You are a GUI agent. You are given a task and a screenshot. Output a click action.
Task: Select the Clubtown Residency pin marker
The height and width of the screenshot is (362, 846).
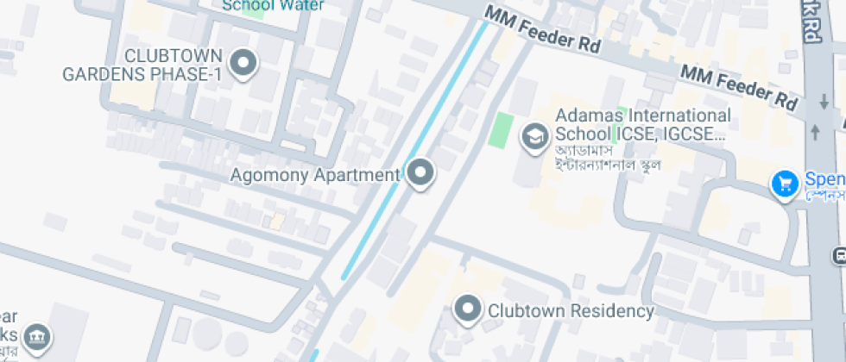pyautogui.click(x=468, y=309)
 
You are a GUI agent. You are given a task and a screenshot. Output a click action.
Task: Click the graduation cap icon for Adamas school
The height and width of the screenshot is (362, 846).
pyautogui.click(x=534, y=135)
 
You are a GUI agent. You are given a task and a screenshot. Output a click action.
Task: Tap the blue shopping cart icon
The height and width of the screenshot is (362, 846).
pyautogui.click(x=785, y=184)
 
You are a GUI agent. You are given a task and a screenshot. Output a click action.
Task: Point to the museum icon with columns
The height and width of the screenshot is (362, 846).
pyautogui.click(x=37, y=335)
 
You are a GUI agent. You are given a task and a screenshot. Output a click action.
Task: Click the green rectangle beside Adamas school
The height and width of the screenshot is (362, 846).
pyautogui.click(x=500, y=129)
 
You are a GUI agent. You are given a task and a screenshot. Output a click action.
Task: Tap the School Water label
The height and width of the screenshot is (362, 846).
pyautogui.click(x=273, y=5)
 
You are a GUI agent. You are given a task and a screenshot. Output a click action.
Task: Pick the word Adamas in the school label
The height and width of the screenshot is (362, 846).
pyautogui.click(x=584, y=115)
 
